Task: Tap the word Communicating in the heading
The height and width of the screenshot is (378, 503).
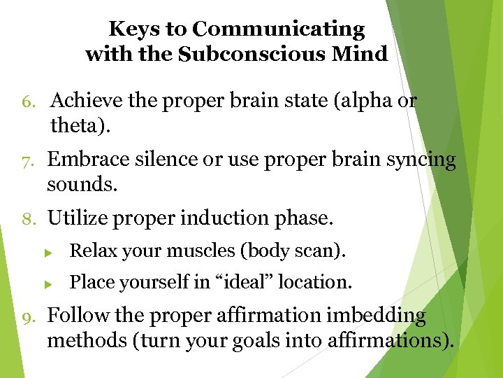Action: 279,29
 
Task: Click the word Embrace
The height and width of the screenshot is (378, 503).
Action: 80,160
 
